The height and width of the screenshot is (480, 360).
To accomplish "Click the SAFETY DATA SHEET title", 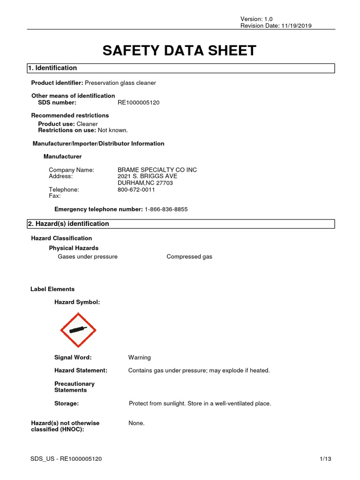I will (180, 51).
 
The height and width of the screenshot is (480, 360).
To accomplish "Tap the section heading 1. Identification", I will (52, 68).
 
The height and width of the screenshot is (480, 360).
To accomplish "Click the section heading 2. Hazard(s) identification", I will (68, 224).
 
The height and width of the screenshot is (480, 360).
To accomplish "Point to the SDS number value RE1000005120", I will (138, 103).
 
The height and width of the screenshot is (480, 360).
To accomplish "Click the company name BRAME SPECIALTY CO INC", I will (157, 170).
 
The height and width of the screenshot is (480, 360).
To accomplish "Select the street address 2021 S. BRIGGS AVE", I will (147, 176).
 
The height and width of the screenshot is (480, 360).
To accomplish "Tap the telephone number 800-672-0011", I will (136, 190).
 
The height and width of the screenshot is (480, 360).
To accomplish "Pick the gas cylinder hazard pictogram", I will (78, 330).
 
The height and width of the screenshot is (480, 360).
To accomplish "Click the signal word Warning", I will (140, 357).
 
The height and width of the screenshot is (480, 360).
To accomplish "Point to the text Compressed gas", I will (189, 257).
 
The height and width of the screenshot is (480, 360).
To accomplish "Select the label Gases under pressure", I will (88, 257).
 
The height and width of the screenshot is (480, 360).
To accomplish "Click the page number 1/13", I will (325, 459).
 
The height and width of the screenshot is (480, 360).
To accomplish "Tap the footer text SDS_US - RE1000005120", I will (66, 459).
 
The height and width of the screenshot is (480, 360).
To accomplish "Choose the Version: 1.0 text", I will (256, 19).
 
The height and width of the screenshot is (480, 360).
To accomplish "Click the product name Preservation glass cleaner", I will (120, 83).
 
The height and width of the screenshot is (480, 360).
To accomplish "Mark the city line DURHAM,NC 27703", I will (145, 183).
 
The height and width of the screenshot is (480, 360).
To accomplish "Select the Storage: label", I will (67, 403).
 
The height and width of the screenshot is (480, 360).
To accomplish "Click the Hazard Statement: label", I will (81, 370).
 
